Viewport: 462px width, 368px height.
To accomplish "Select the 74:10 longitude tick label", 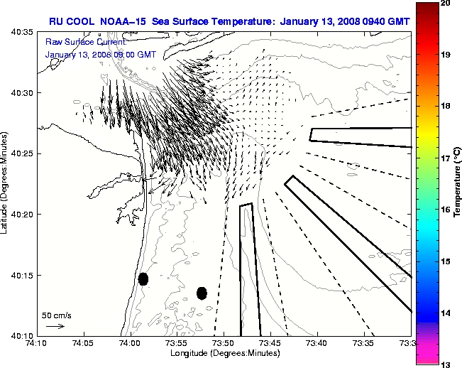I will [x=36, y=343].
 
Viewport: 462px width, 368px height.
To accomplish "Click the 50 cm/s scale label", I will [x=56, y=315].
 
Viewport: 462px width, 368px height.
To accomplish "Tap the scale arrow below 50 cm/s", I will [x=55, y=326].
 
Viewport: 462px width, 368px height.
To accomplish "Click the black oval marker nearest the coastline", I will [x=143, y=278].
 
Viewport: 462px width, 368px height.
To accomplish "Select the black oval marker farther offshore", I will [x=202, y=293].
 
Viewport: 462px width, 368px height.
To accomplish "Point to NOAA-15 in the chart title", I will [x=123, y=21].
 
